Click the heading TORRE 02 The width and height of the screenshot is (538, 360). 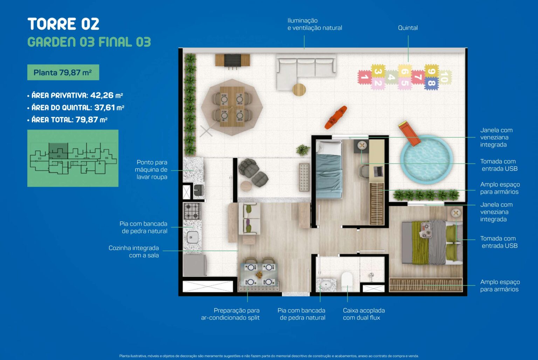pos(63,24)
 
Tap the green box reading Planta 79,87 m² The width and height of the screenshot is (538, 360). pos(63,72)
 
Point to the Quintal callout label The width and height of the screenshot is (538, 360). pos(408,28)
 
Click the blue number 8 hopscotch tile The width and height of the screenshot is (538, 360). pos(432,83)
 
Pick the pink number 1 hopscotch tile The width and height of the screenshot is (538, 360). pos(365,77)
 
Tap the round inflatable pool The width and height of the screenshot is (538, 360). pos(427,159)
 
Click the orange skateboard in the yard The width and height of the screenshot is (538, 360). pos(336,117)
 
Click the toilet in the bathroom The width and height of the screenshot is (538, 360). pos(347,281)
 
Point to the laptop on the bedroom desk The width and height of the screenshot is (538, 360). pos(378,171)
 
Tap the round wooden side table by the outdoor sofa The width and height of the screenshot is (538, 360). pos(299,89)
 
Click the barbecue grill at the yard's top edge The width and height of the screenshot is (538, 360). pos(233,60)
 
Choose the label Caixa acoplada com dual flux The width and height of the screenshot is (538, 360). pos(364,314)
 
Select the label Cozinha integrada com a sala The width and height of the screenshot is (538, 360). pos(134,251)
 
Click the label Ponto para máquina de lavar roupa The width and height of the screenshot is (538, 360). pos(151,169)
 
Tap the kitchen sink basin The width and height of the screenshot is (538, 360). pos(193,237)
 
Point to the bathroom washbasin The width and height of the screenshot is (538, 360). pos(326,285)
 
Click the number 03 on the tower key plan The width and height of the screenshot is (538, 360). pos(58,156)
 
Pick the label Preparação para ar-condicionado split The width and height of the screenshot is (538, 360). pos(230,314)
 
